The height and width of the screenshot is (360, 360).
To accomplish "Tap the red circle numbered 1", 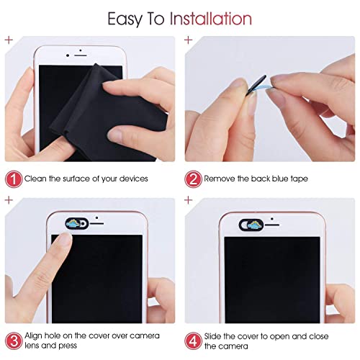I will point(12,177).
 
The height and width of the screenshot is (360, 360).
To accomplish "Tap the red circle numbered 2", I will point(192,177).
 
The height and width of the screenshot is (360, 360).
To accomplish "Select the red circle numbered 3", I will point(12,340).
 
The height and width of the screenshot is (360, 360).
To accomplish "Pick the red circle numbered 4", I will point(192,340).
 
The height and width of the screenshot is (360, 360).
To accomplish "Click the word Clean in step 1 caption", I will point(37,178).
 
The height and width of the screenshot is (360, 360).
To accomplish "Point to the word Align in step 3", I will point(36,336).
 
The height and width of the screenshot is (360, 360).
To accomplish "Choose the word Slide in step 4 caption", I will point(215,336).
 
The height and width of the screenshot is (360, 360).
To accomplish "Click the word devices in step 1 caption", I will point(132,178).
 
